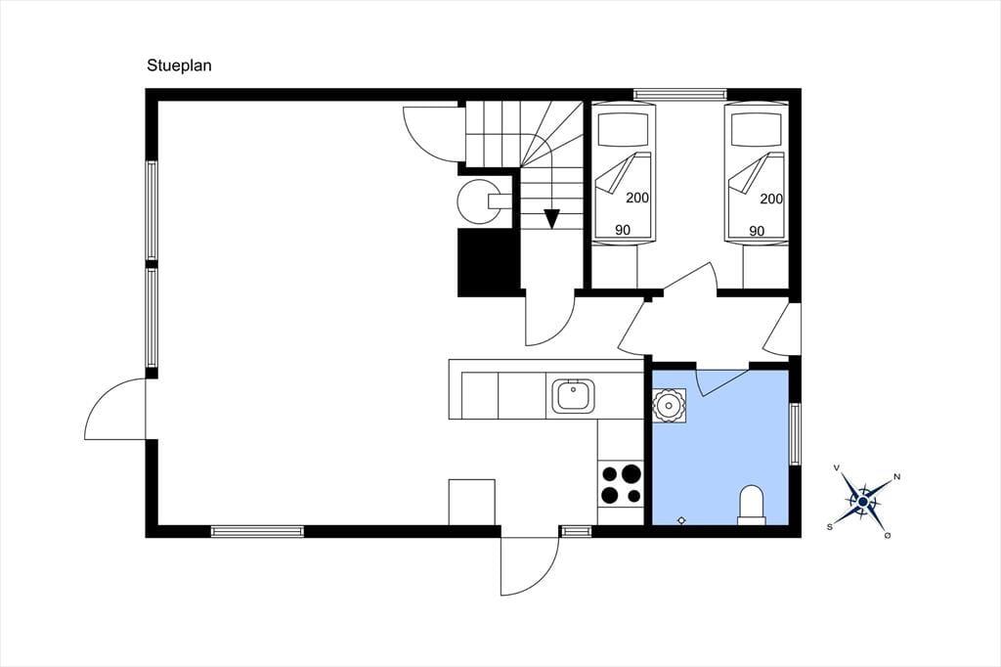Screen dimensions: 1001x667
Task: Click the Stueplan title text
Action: click(179, 66)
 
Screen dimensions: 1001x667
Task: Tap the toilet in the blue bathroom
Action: click(752, 506)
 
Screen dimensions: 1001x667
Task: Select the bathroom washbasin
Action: click(669, 405)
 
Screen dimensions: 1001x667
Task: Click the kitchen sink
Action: click(573, 396)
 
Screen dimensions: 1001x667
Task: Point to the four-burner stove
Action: click(621, 484)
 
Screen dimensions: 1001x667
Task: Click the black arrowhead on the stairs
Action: click(551, 219)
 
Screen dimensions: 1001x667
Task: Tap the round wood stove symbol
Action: click(479, 201)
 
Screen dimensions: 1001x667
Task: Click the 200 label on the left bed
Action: click(637, 199)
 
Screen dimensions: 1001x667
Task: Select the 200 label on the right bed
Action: click(771, 199)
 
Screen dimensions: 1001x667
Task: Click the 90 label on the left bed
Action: click(623, 230)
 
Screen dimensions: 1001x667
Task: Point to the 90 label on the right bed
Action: click(757, 230)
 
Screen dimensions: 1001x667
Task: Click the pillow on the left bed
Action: click(624, 130)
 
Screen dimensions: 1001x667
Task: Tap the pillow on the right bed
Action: click(757, 130)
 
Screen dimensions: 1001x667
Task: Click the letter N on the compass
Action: click(896, 476)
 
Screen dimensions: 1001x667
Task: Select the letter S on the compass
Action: click(830, 527)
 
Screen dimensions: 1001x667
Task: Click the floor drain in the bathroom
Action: click(681, 520)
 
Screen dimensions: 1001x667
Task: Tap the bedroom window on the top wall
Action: click(680, 94)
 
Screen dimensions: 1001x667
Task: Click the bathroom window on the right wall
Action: click(795, 434)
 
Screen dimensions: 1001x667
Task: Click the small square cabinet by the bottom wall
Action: click(472, 502)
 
